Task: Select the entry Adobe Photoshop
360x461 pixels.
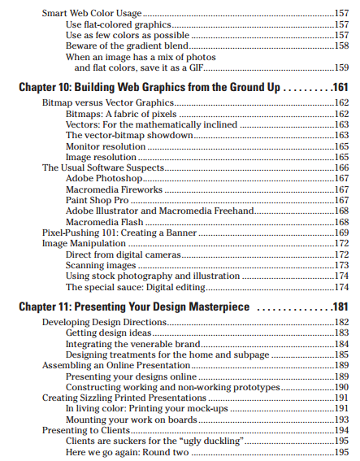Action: (104, 178)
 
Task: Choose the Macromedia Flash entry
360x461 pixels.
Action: (104, 222)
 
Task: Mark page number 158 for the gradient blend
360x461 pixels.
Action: (341, 46)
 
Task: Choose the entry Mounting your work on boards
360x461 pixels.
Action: (131, 420)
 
